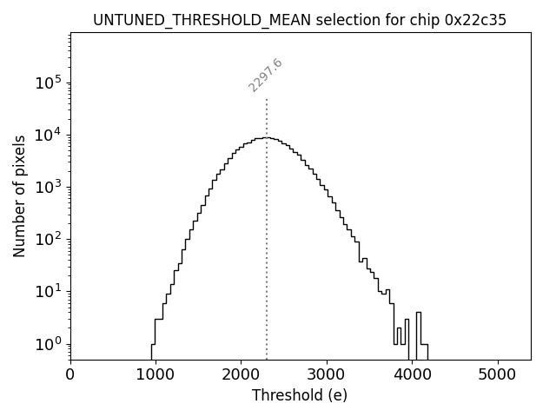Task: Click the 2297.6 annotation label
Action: click(265, 76)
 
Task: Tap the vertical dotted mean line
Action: click(267, 217)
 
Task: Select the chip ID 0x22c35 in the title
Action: click(476, 20)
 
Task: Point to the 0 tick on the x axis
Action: click(70, 374)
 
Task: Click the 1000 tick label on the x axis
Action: click(156, 374)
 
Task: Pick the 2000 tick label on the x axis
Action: click(241, 374)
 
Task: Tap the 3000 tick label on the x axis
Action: click(327, 374)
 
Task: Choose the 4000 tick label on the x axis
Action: click(412, 374)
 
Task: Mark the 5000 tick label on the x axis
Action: click(497, 374)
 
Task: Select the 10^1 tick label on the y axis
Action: click(48, 291)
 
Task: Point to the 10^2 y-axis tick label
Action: click(48, 239)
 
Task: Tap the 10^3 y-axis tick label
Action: click(48, 187)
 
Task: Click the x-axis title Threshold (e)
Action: click(300, 395)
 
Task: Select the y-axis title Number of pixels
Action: click(19, 195)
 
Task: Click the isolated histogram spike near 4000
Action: click(419, 328)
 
